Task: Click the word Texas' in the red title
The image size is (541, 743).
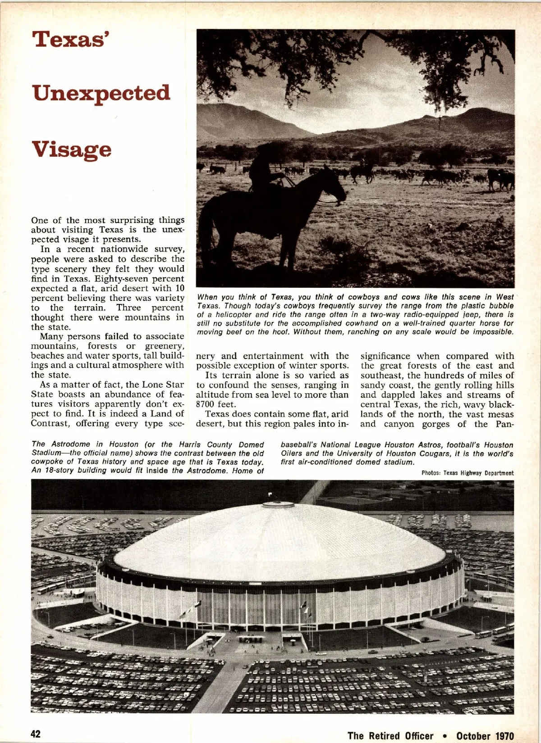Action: [72, 39]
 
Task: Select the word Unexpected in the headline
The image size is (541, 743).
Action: [101, 94]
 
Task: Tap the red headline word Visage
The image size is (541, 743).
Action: [72, 149]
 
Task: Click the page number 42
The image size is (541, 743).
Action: [36, 734]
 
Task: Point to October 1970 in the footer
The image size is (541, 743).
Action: [485, 736]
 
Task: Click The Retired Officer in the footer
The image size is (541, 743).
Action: [390, 736]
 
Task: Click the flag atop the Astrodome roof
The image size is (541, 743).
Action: [270, 494]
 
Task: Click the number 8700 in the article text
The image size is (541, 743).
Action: [206, 404]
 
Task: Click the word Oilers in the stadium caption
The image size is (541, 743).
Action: [292, 453]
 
